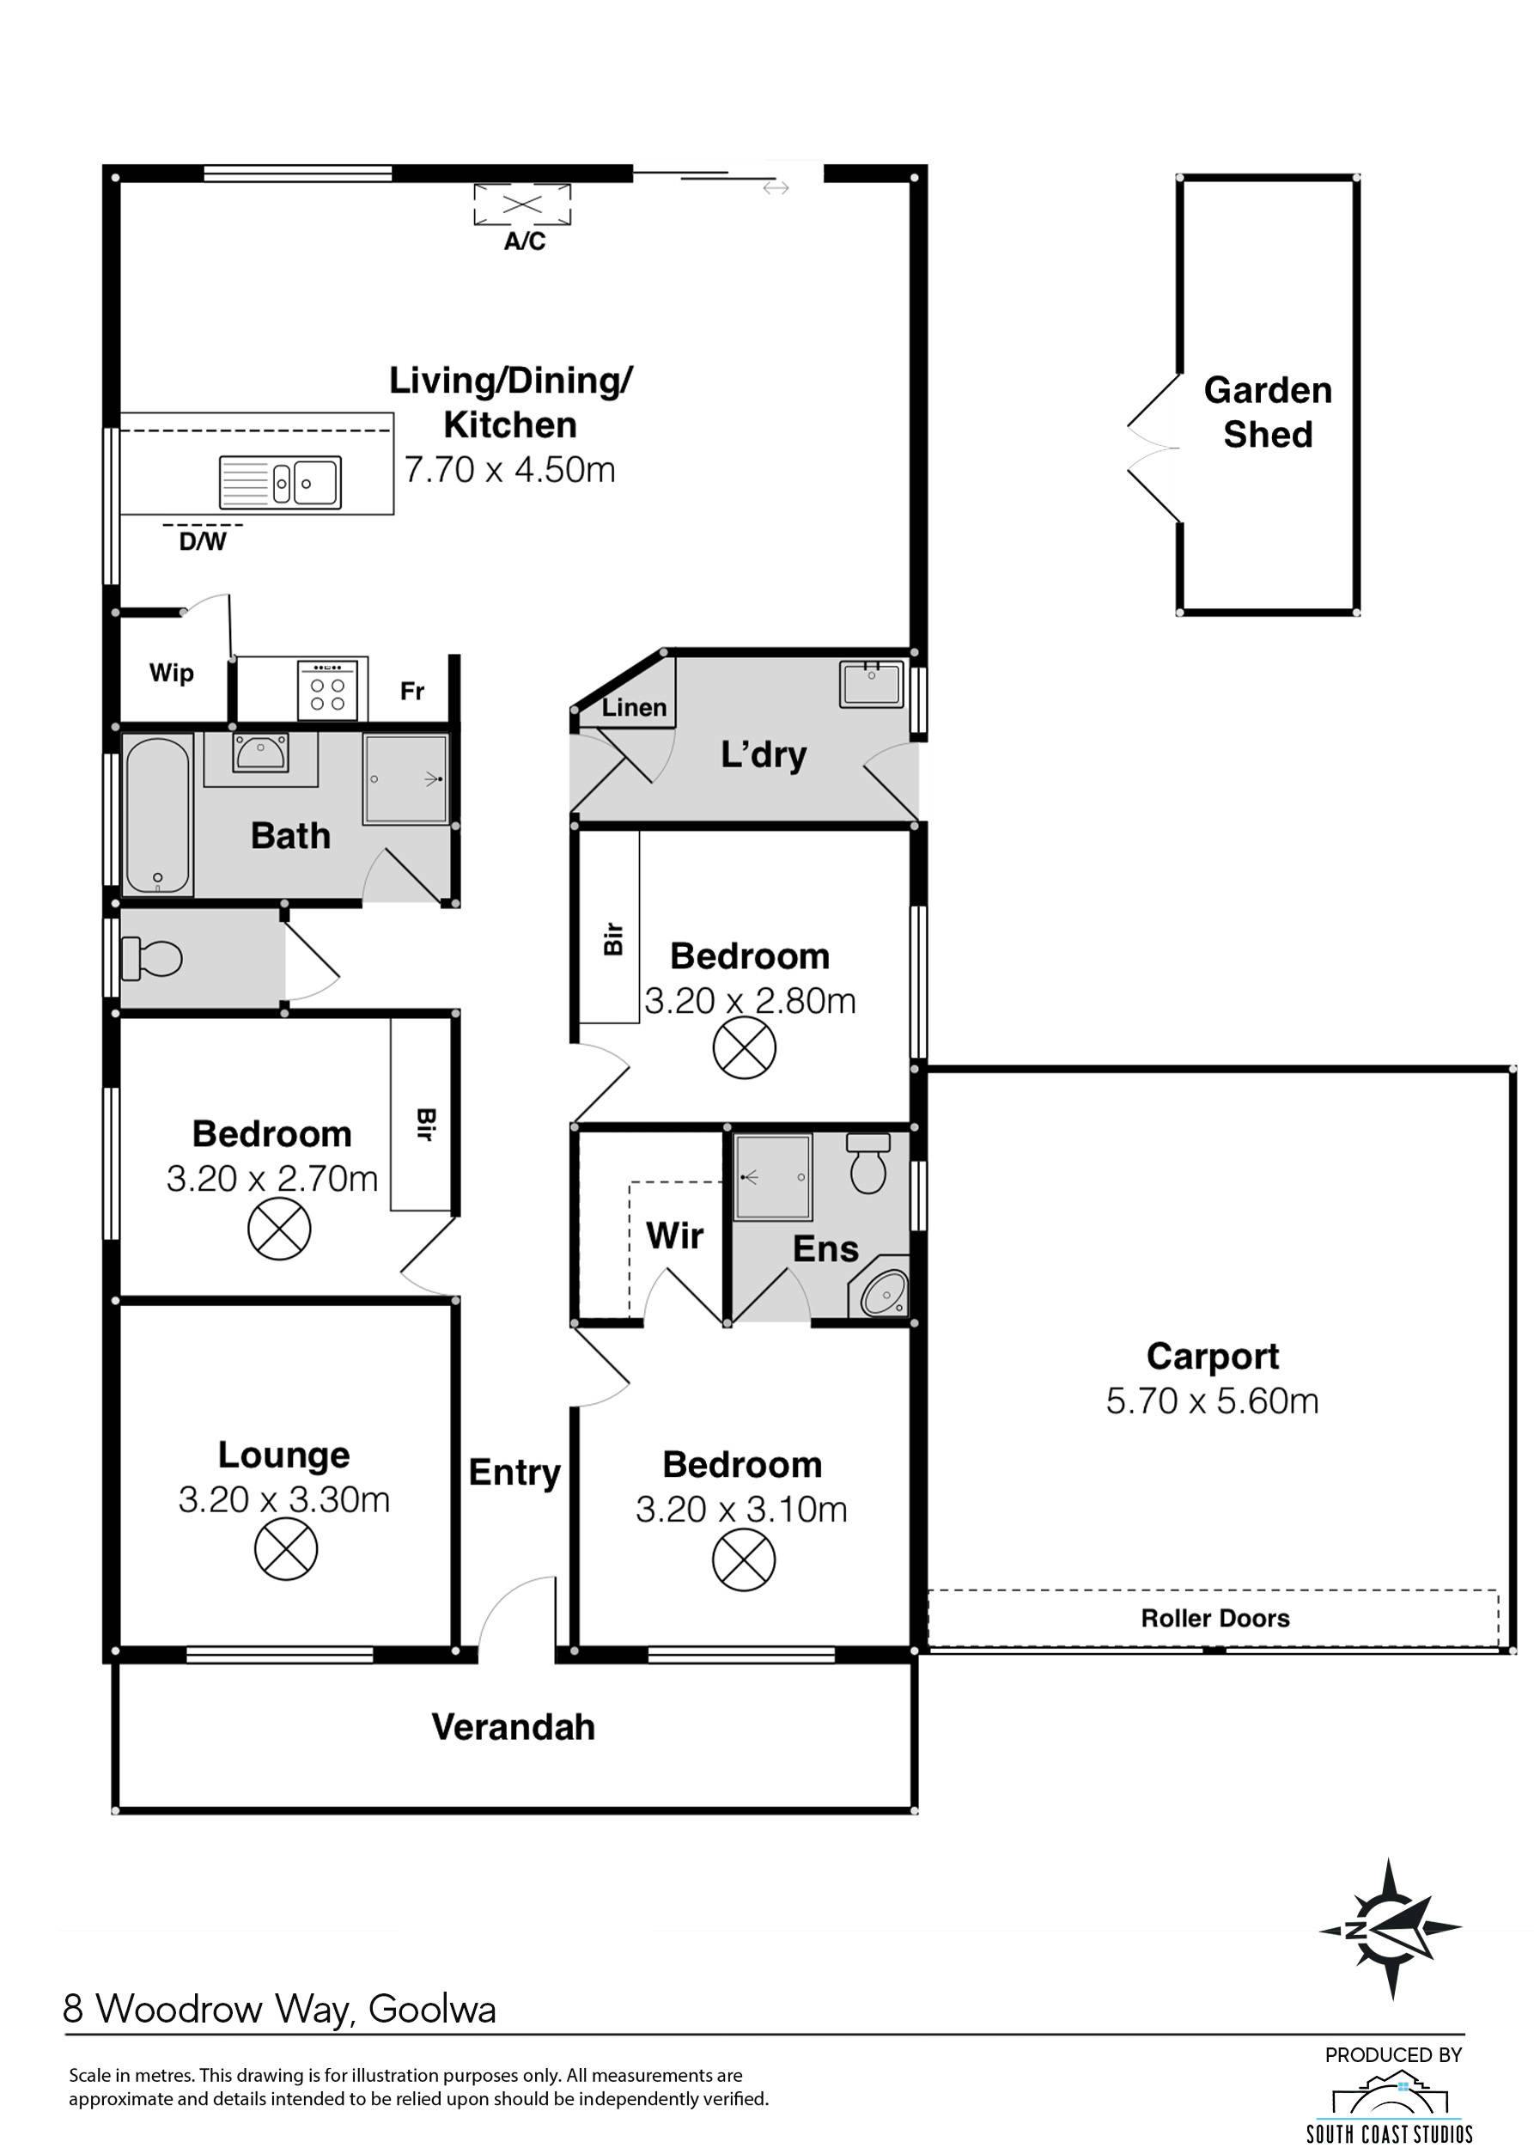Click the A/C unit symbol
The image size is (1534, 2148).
coord(522,204)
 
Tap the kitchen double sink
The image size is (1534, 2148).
coord(281,482)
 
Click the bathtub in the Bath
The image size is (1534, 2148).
coord(158,814)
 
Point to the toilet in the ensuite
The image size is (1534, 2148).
coord(868,1162)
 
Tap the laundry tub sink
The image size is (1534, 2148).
coord(871,682)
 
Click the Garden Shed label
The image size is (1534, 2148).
coord(1268,412)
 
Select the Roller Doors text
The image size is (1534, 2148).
coord(1214,1618)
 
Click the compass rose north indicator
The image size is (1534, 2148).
coord(1391,1928)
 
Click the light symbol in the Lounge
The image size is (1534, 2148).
coord(286,1549)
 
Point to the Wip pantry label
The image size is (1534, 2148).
coord(171,673)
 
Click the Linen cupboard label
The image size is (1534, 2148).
coord(634,707)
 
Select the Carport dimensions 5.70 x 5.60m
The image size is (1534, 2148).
coord(1212,1400)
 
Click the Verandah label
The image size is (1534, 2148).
coord(514,1726)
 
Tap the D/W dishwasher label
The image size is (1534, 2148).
coord(203,541)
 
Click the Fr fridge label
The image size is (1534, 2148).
coord(411,691)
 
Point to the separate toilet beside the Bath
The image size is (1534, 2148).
coord(151,958)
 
